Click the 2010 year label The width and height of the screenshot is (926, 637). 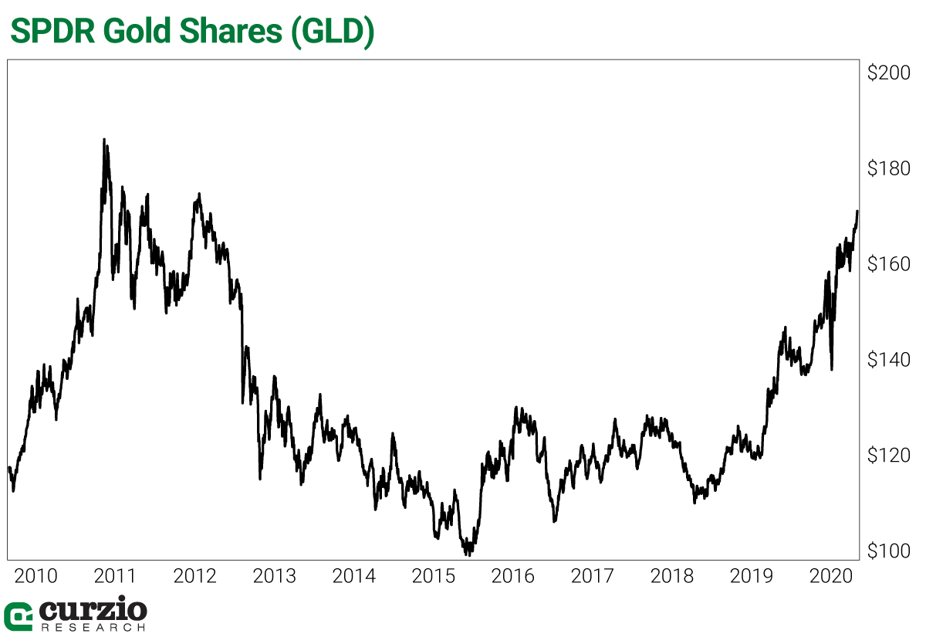36,577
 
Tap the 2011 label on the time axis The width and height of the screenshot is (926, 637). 114,577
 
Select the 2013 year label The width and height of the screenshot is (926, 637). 275,577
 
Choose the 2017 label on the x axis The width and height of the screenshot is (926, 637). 593,577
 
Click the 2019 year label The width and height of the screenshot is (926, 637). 752,577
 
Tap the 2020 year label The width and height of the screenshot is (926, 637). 830,577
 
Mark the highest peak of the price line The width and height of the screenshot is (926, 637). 104,140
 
